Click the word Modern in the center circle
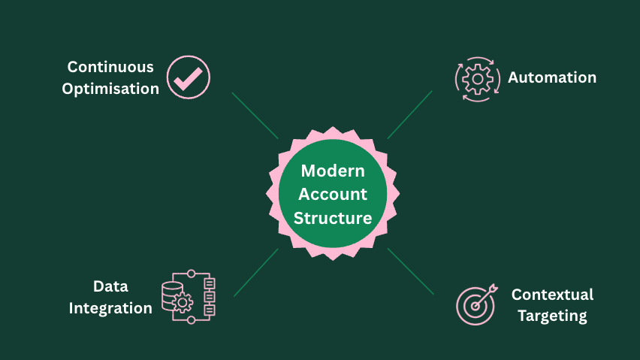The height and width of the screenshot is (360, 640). (x=333, y=171)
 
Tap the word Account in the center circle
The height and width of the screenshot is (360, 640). (x=333, y=194)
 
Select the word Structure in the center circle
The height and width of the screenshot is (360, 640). (x=333, y=218)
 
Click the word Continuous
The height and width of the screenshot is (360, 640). (x=110, y=67)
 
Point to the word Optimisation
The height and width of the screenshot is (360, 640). (x=110, y=89)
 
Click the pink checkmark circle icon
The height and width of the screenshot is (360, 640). (x=188, y=77)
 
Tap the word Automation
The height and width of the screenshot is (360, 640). (x=552, y=77)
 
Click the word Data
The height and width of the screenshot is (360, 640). (x=110, y=286)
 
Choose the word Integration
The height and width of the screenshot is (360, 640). (x=110, y=308)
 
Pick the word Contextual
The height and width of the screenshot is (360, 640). (x=552, y=295)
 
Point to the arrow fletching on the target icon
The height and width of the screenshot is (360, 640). (x=492, y=288)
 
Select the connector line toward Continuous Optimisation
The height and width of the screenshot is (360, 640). (x=255, y=115)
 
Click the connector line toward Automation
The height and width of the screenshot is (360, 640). (x=409, y=115)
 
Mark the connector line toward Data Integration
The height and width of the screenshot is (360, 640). (x=256, y=272)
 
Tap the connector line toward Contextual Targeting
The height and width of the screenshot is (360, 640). (x=411, y=271)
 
